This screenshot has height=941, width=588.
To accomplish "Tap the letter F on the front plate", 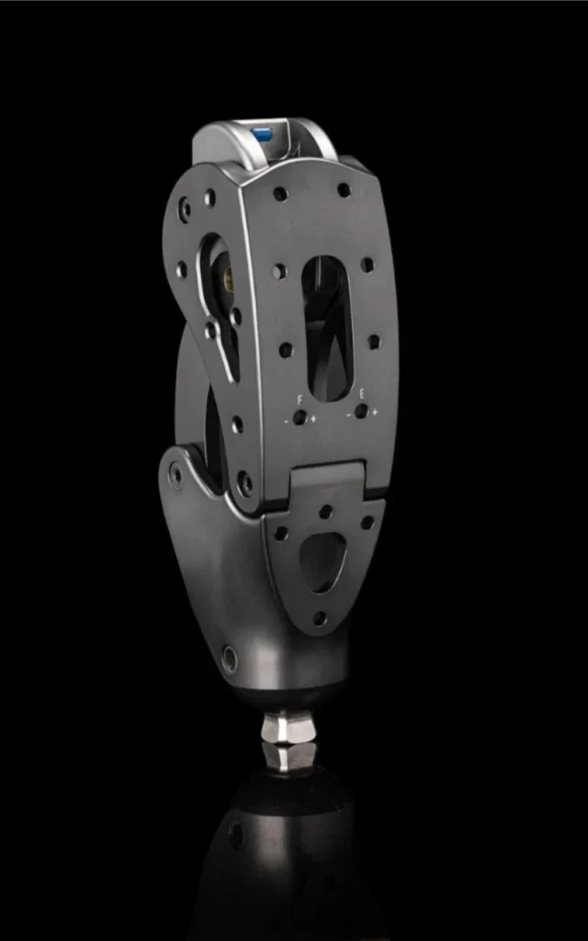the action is (300, 398).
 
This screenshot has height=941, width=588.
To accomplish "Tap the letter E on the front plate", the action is (361, 394).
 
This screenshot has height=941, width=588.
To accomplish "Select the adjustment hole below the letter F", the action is (300, 418).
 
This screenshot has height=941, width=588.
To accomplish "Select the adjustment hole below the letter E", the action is (361, 411).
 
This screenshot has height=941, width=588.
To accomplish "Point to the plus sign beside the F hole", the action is (313, 418).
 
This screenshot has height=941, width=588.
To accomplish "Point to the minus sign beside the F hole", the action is (287, 421).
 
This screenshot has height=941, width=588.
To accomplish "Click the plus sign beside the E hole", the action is (375, 412).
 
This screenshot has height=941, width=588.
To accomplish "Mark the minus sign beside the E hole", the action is (348, 414).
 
